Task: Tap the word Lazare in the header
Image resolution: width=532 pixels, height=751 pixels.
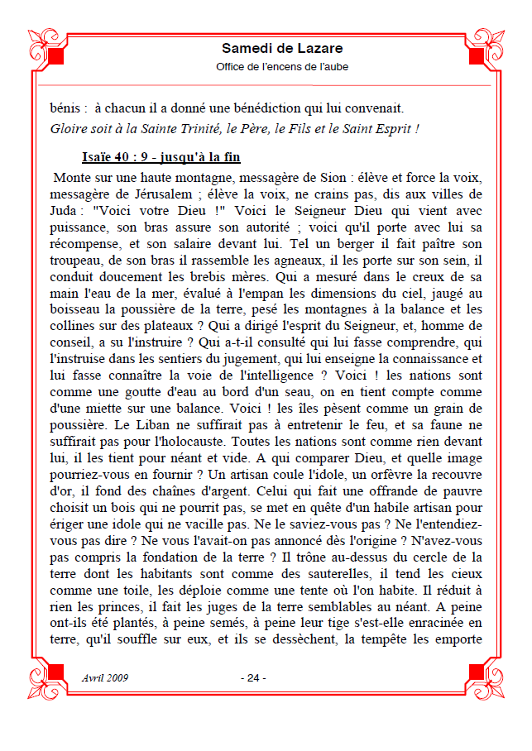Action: [x=319, y=49]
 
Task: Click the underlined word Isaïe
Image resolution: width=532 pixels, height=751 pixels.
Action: [x=100, y=157]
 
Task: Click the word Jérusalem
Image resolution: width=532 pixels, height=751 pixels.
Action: [x=154, y=194]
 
